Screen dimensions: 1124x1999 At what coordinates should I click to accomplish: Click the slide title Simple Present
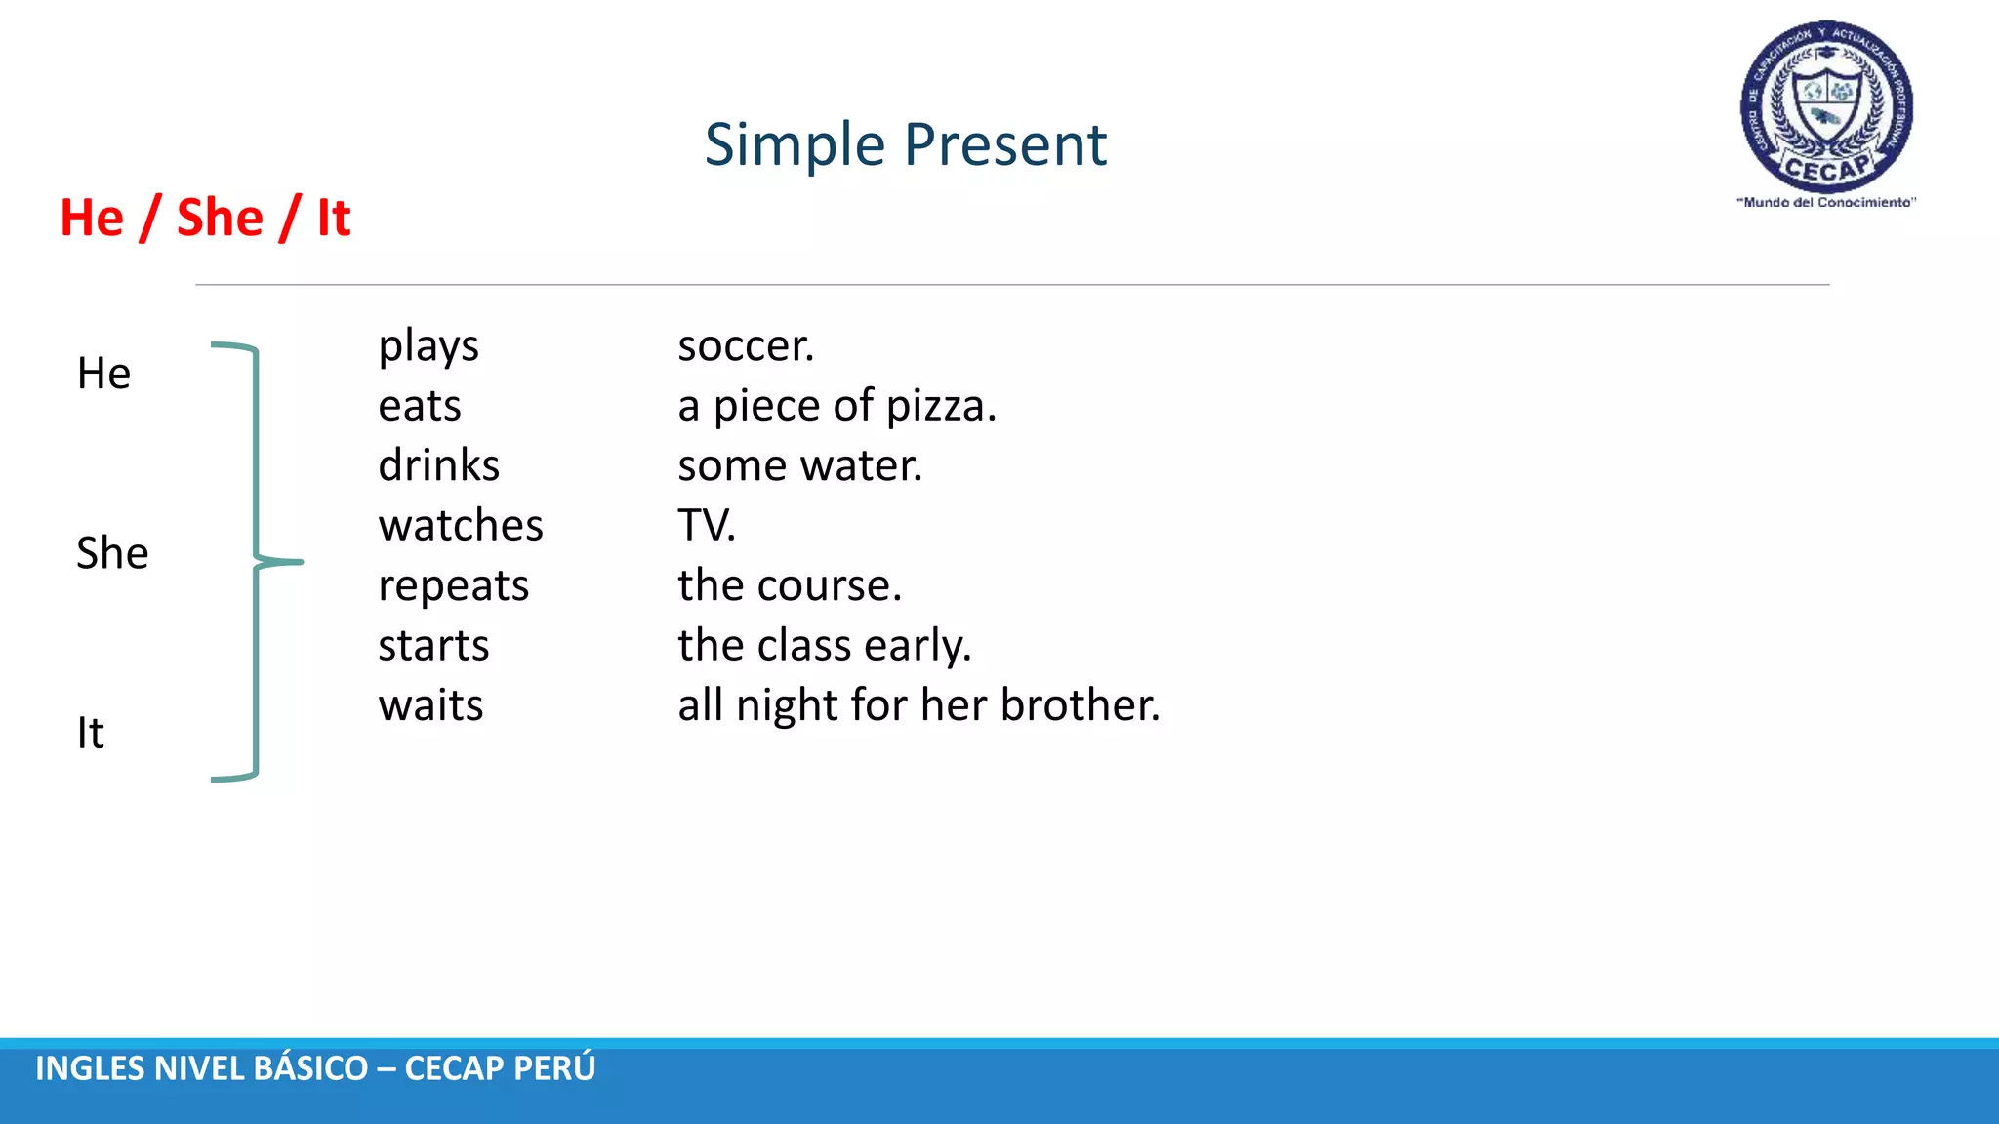pos(905,144)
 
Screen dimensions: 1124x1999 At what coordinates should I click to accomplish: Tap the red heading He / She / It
pos(205,217)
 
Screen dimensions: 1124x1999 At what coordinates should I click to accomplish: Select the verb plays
pos(428,346)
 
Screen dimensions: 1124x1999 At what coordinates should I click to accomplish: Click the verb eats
pos(420,406)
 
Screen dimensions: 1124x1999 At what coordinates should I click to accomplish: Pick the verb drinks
pos(438,465)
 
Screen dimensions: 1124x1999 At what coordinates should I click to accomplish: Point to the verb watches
pos(461,526)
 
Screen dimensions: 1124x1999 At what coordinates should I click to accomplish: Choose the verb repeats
pos(453,586)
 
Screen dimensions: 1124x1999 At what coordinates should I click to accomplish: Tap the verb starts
pos(433,646)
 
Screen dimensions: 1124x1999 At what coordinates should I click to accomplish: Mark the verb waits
pos(430,705)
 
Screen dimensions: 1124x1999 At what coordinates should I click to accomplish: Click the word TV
pos(705,526)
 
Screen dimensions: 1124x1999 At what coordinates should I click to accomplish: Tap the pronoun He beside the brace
pos(103,374)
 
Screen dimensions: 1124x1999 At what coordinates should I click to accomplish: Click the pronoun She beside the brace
pos(112,553)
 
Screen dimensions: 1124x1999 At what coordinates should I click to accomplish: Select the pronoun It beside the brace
pos(90,733)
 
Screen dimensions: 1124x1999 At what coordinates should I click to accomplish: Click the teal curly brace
pos(256,562)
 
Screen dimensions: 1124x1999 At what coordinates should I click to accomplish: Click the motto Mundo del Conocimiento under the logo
pos(1826,203)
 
